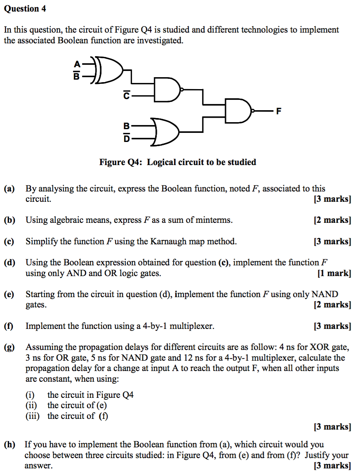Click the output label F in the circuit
pyautogui.click(x=279, y=111)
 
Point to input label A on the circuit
pyautogui.click(x=76, y=64)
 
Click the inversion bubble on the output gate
pyautogui.click(x=253, y=111)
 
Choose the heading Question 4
pyautogui.click(x=25, y=9)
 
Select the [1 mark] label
pyautogui.click(x=334, y=273)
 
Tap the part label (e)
pyautogui.click(x=9, y=294)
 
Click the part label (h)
pyautogui.click(x=9, y=444)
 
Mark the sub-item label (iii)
pyautogui.click(x=33, y=416)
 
